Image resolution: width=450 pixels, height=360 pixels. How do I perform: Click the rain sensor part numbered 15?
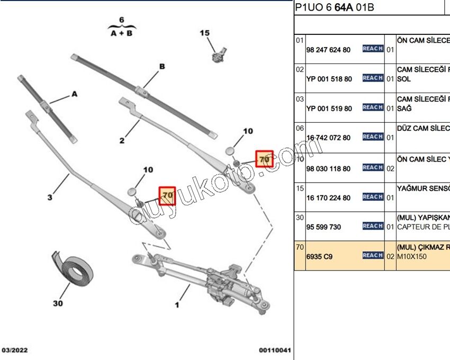(217, 53)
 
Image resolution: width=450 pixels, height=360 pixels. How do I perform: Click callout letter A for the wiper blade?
(75, 94)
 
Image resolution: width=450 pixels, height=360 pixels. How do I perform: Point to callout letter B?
(162, 67)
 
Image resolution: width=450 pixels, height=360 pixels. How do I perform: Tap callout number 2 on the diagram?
(122, 140)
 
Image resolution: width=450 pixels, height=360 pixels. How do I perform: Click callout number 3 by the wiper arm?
(49, 197)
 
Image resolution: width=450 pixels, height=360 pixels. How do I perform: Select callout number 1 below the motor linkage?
(177, 305)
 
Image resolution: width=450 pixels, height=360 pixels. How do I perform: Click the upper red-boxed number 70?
(264, 158)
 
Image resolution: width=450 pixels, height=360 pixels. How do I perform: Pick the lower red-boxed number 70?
(168, 195)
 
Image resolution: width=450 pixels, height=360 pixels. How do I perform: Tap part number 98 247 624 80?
(328, 50)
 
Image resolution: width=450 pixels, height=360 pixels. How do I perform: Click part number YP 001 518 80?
(329, 79)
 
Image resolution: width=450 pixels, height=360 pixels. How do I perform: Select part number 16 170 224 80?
(328, 198)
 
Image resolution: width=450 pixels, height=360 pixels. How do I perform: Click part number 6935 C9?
(320, 256)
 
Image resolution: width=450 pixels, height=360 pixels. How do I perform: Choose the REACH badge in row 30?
(373, 226)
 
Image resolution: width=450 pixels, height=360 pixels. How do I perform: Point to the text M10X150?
(412, 256)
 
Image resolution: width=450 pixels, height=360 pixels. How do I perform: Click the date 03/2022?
(15, 350)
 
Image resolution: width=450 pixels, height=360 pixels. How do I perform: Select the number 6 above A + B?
(122, 20)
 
